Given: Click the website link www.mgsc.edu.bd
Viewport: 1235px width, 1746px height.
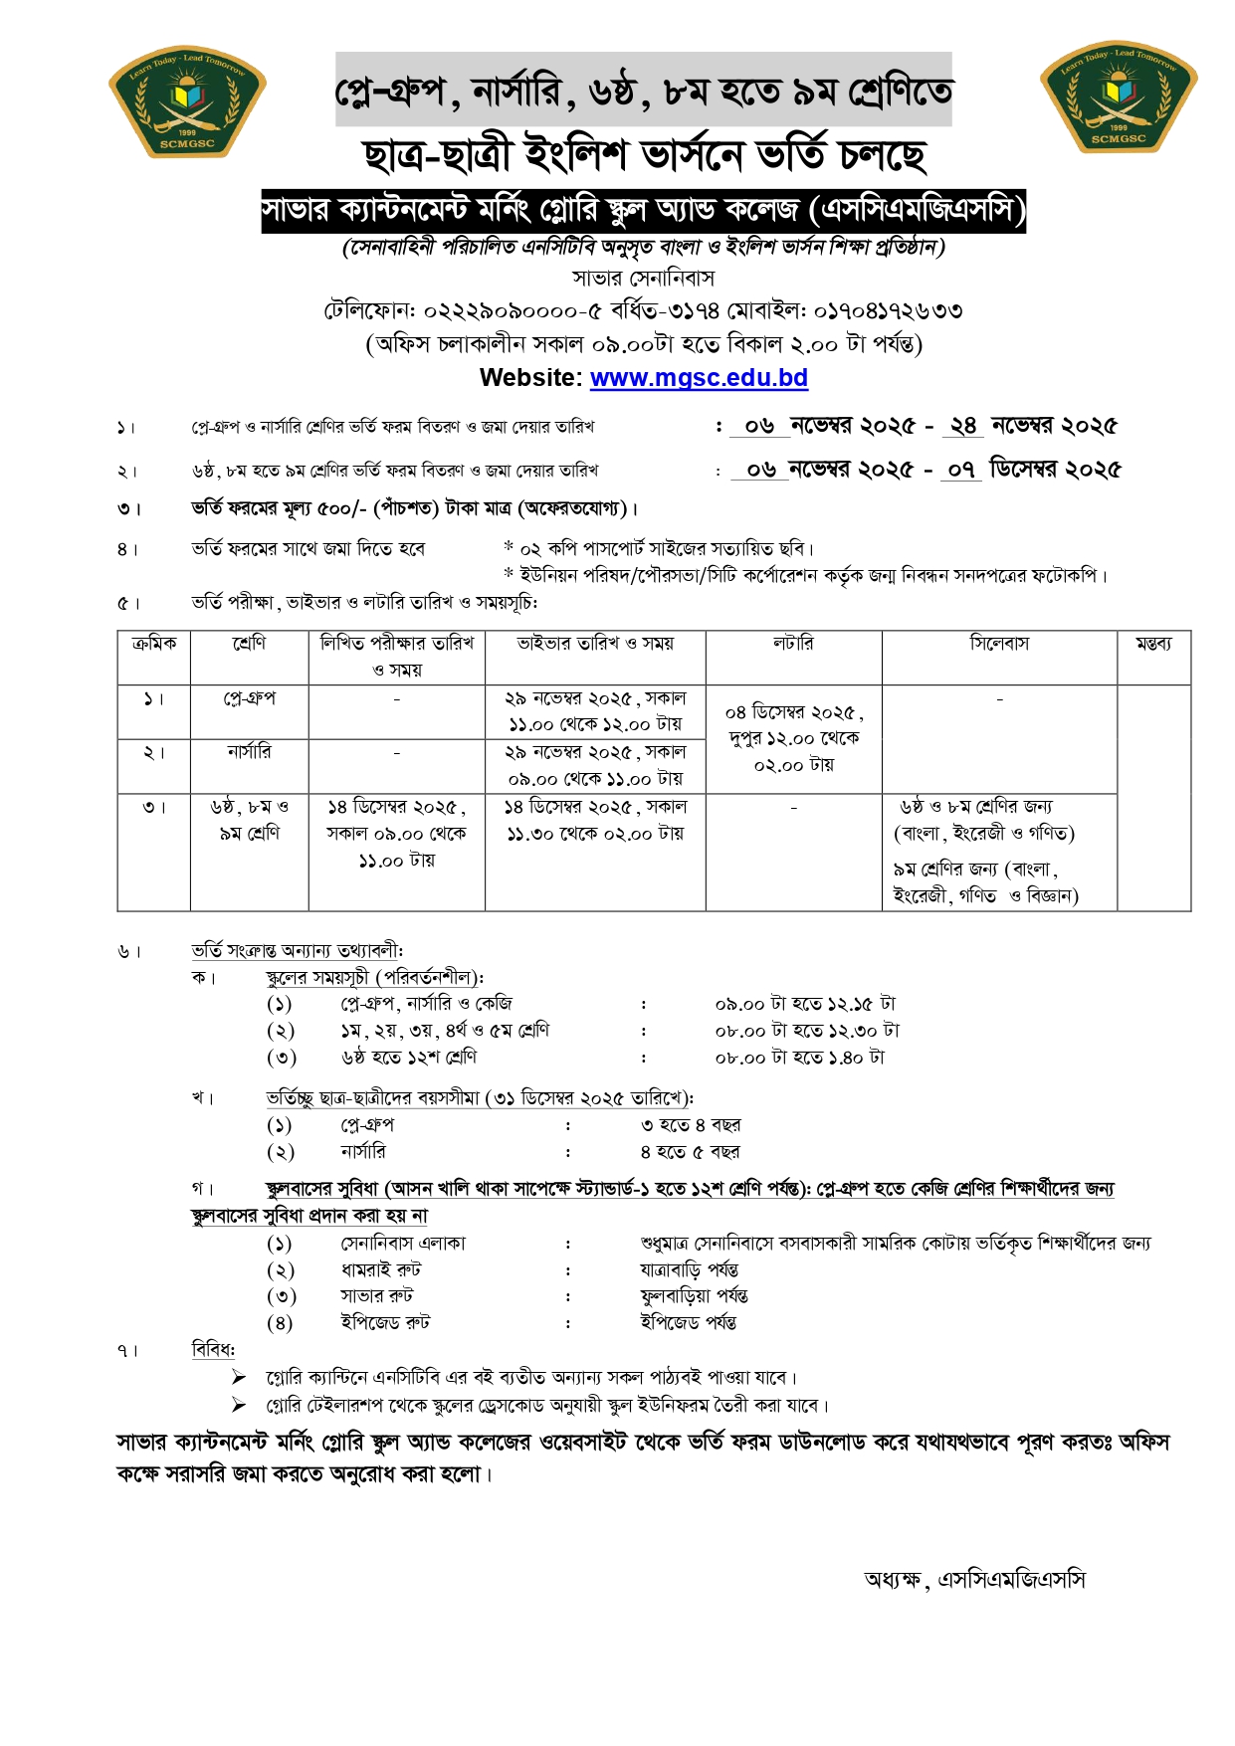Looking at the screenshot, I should coord(699,378).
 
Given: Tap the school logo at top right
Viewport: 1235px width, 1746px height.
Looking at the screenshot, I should coord(1119,97).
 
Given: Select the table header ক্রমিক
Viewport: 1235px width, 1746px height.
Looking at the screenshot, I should coord(154,644).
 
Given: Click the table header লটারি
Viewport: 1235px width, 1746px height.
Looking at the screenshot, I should coord(793,644).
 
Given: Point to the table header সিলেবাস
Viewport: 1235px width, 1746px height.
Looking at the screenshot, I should coord(999,644).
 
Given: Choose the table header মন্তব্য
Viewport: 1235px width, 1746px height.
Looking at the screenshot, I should coord(1153,644).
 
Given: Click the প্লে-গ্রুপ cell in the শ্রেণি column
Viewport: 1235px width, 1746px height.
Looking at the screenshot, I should coord(249,699).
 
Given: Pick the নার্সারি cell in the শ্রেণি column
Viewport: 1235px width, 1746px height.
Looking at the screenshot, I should coord(249,752).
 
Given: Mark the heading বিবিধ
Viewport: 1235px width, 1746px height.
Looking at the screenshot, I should coord(213,1350).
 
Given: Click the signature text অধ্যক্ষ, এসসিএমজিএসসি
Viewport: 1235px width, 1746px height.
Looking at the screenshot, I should coord(974,1580).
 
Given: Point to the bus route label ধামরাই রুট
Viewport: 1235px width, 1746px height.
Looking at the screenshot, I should coord(380,1269).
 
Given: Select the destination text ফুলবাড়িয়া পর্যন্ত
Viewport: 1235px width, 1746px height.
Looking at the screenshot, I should coord(694,1296).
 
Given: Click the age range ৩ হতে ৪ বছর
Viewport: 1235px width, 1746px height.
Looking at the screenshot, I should coord(690,1125).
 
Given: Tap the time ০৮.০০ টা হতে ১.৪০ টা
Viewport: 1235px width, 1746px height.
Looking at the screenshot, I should coord(799,1058).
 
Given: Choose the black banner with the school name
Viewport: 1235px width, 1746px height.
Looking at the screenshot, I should coord(643,211).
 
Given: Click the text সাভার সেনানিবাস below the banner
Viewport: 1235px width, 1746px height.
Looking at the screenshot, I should coord(643,278).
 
